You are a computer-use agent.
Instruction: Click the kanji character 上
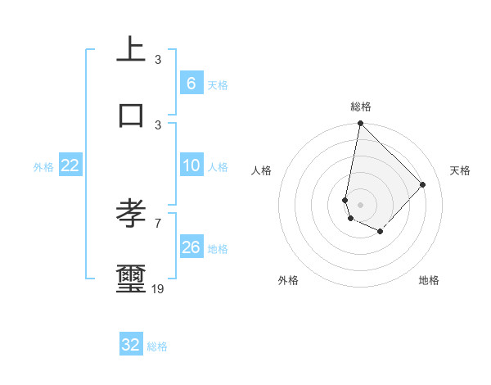click(x=131, y=49)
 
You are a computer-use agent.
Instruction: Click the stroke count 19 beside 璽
click(x=158, y=288)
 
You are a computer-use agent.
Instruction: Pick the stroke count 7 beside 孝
click(x=158, y=223)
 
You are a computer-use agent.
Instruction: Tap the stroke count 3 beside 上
click(x=158, y=59)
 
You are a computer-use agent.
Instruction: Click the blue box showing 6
click(x=191, y=84)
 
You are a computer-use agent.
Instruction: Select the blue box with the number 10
click(x=191, y=165)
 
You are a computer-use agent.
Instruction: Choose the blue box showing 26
click(x=191, y=247)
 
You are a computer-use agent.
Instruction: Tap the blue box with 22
click(x=70, y=165)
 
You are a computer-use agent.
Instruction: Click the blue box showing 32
click(x=131, y=345)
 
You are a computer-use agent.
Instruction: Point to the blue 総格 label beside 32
click(x=157, y=346)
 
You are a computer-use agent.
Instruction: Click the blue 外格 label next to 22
click(x=43, y=167)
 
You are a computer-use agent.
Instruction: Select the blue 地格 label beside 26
click(x=218, y=249)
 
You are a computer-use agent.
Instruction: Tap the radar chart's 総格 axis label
click(x=360, y=106)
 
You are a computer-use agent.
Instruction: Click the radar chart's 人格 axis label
click(x=262, y=170)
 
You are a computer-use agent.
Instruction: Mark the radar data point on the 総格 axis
click(x=360, y=124)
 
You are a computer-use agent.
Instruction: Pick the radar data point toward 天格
click(x=423, y=184)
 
